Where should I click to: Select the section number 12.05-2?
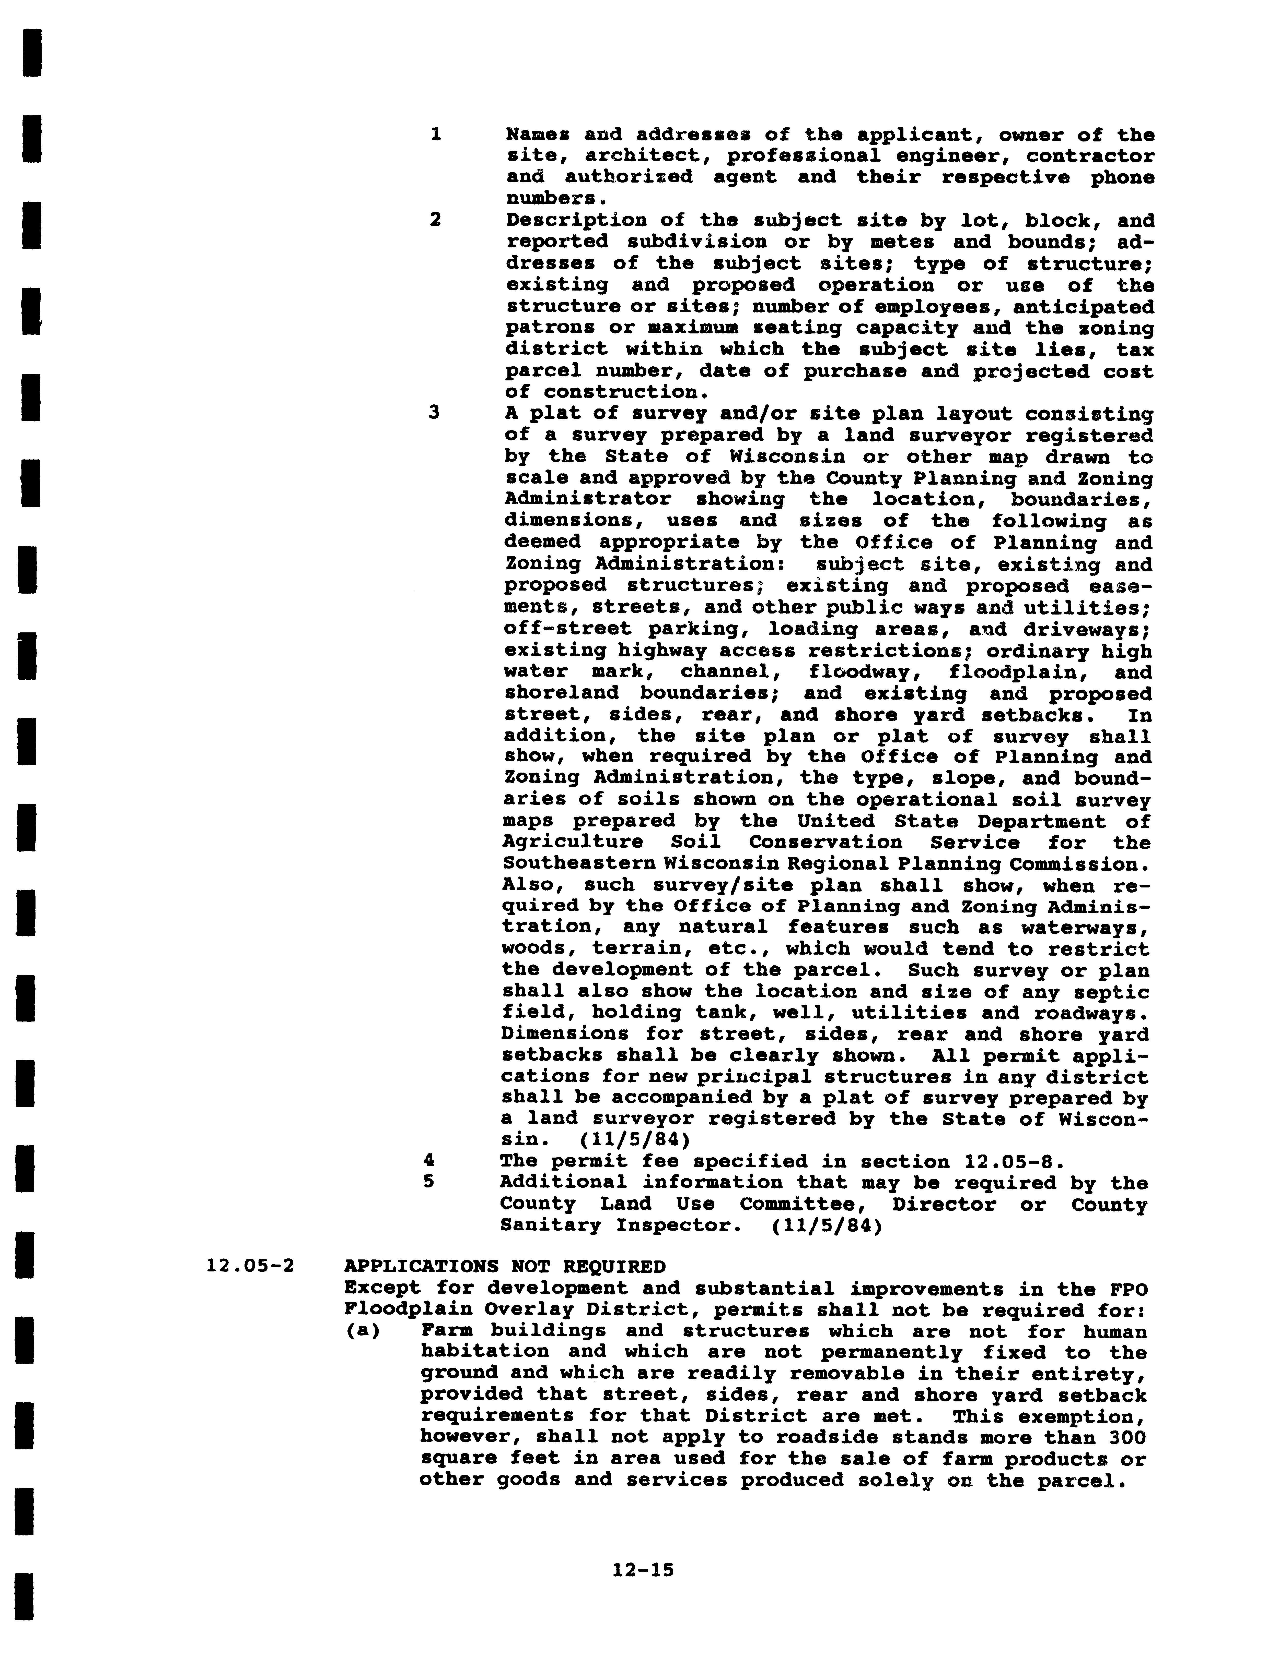click(x=250, y=1266)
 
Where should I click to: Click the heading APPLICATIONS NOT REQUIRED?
click(x=505, y=1266)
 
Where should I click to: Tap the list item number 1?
click(x=435, y=135)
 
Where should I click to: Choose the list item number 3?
click(x=434, y=414)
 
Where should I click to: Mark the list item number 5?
click(x=429, y=1182)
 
